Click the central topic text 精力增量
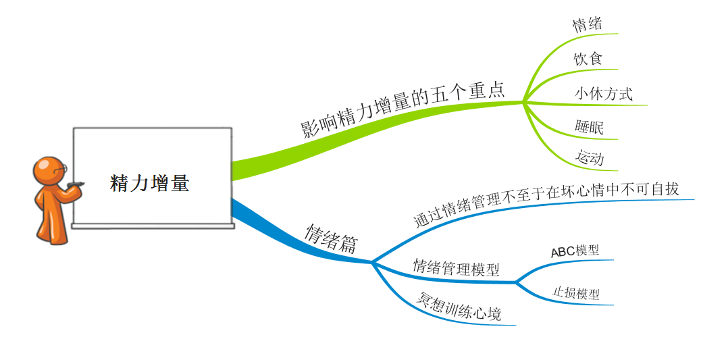click(149, 183)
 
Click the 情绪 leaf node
click(587, 25)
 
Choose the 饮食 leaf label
click(587, 59)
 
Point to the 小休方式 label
click(604, 93)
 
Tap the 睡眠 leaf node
click(589, 127)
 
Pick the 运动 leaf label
click(589, 159)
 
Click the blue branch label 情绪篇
click(332, 239)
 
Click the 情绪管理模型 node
click(457, 267)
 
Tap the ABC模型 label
click(575, 251)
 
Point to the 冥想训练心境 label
click(460, 307)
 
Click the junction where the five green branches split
click(523, 103)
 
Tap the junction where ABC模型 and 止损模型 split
click(517, 282)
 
